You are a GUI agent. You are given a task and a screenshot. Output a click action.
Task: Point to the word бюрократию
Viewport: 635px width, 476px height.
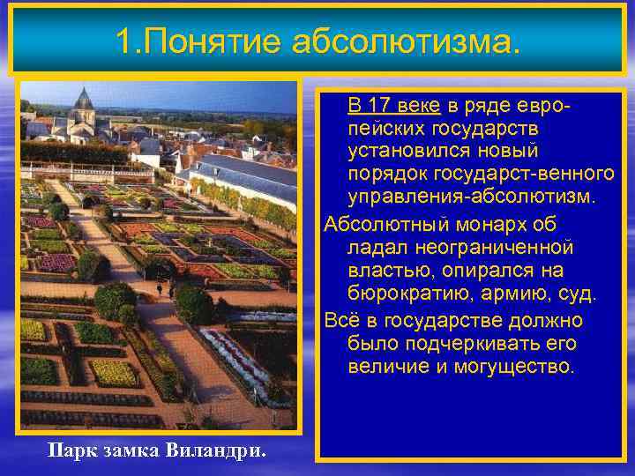(405, 294)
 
